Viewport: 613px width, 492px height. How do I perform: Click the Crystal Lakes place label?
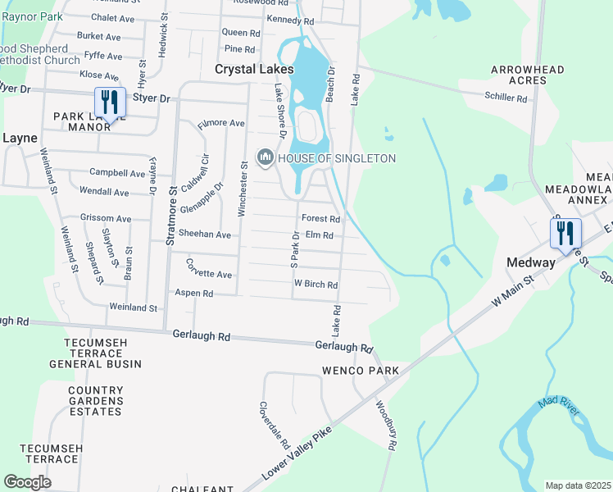[254, 70]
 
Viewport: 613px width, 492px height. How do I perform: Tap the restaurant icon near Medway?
[565, 234]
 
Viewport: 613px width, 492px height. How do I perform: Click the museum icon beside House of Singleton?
[266, 157]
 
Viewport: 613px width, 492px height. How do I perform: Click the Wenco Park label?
[365, 371]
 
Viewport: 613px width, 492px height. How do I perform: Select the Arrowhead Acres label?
[528, 75]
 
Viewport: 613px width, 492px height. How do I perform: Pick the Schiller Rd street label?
[505, 98]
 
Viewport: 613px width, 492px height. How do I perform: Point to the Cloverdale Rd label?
[275, 424]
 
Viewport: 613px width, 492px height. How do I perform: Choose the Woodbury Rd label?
[386, 423]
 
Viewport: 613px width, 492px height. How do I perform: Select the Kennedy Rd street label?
[290, 20]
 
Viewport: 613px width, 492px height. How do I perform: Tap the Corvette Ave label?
[209, 268]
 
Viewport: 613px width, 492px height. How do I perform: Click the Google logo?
[27, 482]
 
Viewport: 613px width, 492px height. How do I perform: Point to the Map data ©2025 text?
[577, 485]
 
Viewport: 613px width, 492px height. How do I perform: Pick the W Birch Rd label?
[316, 285]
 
